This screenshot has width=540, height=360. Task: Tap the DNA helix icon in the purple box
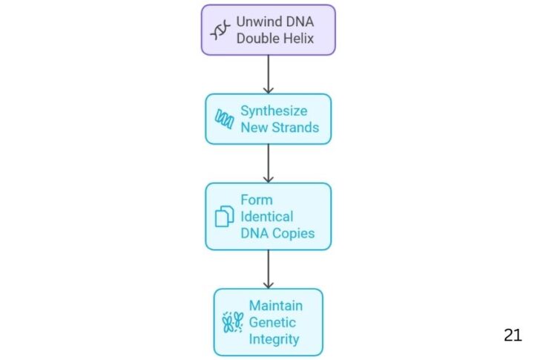click(220, 30)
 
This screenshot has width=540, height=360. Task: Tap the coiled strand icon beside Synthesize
click(224, 119)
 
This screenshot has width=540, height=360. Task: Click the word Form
click(256, 200)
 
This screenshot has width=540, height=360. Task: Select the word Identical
click(267, 217)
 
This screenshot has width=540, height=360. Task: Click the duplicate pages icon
click(224, 217)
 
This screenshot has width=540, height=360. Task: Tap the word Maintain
click(275, 305)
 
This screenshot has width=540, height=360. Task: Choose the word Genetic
click(272, 322)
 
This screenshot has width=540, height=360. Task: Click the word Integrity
click(274, 339)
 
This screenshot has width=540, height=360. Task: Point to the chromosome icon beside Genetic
click(233, 322)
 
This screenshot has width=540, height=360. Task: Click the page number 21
click(513, 336)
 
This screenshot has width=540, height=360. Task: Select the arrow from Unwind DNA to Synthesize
click(269, 74)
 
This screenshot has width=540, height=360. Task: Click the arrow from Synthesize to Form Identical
click(269, 163)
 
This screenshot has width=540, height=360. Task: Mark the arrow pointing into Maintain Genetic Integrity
click(269, 269)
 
